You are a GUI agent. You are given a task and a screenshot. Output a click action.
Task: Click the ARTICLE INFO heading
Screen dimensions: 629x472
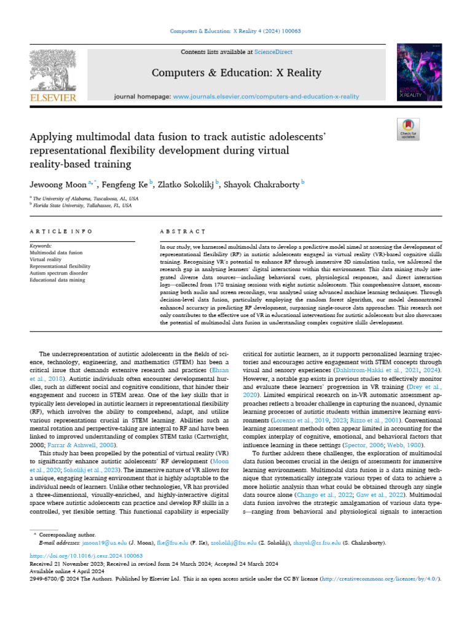point(61,232)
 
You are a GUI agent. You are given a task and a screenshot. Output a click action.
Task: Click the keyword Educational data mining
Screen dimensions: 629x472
point(60,279)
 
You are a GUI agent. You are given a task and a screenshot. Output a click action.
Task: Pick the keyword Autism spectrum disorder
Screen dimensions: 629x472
point(59,273)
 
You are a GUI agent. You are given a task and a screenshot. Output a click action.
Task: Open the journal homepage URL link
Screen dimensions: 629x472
point(265,97)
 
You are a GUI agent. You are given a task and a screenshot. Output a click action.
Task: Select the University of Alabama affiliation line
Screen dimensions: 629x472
point(86,199)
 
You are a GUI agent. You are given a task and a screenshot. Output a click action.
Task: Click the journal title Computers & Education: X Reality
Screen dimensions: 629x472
point(236,73)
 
